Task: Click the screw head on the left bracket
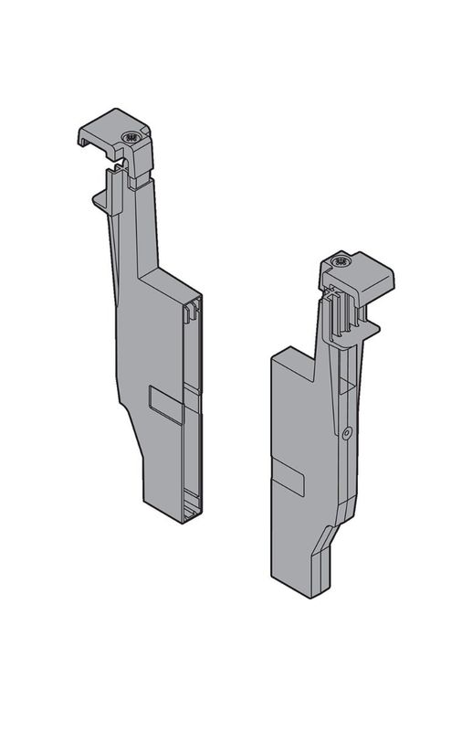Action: (x=129, y=138)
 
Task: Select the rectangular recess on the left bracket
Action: (x=165, y=399)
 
